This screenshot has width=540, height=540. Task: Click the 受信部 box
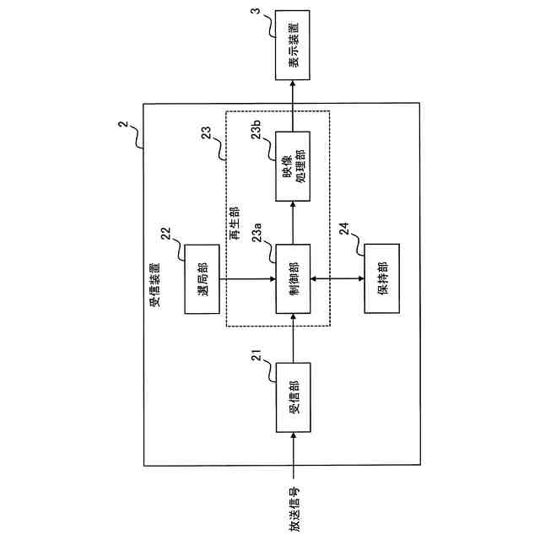[293, 397]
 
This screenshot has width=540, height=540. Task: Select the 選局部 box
[202, 278]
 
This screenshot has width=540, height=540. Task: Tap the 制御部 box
[293, 278]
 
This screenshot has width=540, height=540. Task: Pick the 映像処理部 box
[293, 166]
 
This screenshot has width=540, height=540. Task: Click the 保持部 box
[381, 278]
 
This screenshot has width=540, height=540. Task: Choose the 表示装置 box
[293, 45]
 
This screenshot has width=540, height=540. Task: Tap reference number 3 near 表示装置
[256, 13]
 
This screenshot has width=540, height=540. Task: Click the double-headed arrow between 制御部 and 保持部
[337, 278]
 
